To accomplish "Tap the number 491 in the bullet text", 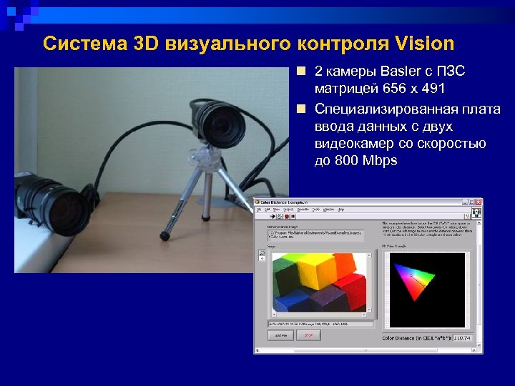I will [431, 89].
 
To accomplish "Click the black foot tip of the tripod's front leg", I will [164, 234].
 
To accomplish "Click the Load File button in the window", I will [280, 335].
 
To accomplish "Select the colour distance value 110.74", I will [463, 337].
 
